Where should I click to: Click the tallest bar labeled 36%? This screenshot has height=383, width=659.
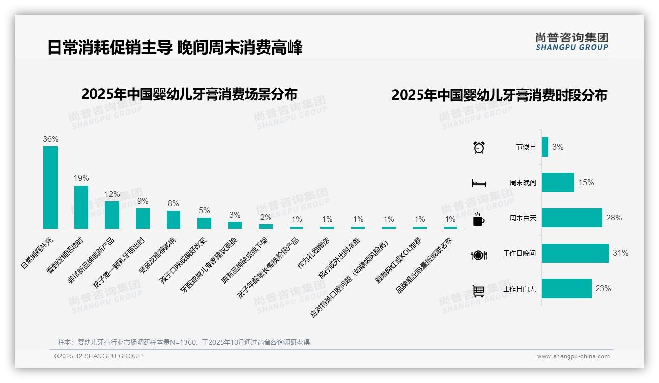tap(50, 188)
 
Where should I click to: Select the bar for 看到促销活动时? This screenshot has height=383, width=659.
tap(81, 207)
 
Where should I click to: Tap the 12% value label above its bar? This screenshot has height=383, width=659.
tap(112, 194)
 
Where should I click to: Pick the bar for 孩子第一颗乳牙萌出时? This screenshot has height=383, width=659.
tap(143, 219)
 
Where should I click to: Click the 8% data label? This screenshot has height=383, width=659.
tap(173, 204)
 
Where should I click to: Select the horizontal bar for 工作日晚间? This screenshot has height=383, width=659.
tap(575, 253)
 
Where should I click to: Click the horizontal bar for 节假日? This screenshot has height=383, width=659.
tap(545, 147)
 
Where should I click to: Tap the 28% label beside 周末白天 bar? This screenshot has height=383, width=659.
tap(614, 218)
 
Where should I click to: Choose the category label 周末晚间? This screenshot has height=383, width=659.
tap(523, 183)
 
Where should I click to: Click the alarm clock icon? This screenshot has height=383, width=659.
tap(479, 147)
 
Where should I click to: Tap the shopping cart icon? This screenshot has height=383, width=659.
tap(479, 291)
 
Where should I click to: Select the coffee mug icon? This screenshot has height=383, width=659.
tap(479, 219)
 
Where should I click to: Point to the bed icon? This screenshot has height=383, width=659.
tap(479, 183)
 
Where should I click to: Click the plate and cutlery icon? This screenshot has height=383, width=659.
tap(479, 255)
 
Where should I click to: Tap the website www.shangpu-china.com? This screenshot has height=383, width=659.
tap(573, 356)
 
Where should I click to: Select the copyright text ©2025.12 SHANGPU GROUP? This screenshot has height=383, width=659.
tap(98, 356)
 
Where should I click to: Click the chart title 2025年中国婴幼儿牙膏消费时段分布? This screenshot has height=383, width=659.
tap(499, 95)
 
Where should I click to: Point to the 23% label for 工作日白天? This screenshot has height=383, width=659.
tap(603, 289)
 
